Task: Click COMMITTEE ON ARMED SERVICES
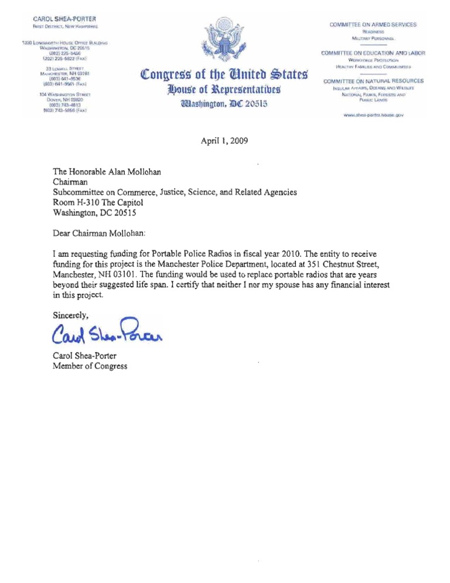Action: click(374, 24)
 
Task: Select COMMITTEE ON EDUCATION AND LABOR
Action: click(373, 53)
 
